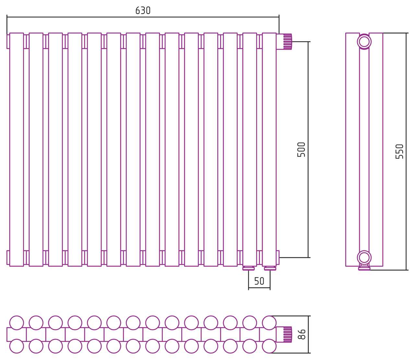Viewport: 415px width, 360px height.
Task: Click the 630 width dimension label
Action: pos(143,10)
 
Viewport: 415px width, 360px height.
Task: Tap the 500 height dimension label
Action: pos(301,150)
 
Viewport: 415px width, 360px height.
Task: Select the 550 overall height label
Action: pos(399,151)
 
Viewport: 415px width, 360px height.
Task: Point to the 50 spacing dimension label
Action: pos(259,281)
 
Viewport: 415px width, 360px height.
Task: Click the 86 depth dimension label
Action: pos(302,334)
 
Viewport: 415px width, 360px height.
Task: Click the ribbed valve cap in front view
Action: pos(288,42)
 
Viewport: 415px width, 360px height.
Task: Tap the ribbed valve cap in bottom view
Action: pos(288,334)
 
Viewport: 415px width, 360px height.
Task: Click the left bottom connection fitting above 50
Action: pos(249,268)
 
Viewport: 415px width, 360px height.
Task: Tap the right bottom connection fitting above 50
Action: pos(270,268)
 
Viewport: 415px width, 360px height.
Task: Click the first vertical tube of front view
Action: pos(17,150)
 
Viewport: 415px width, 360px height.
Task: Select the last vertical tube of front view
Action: pos(269,150)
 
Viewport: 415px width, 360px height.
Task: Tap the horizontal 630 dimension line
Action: pos(143,17)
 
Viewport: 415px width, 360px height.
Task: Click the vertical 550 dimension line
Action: pos(406,151)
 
